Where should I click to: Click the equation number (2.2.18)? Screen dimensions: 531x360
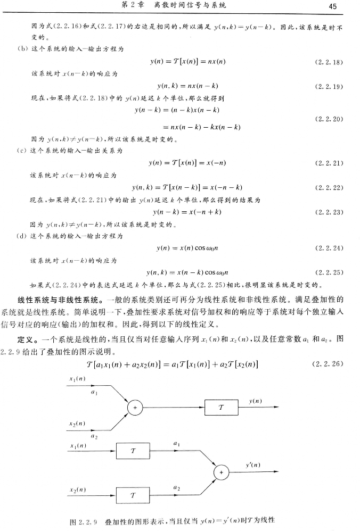pyautogui.click(x=329, y=62)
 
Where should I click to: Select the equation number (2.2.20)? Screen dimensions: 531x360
pyautogui.click(x=329, y=119)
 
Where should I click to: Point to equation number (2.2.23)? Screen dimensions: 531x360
pyautogui.click(x=329, y=212)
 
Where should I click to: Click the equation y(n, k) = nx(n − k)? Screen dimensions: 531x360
pyautogui.click(x=187, y=86)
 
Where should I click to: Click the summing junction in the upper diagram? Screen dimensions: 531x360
pyautogui.click(x=135, y=408)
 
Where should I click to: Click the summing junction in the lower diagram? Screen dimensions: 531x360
pyautogui.click(x=220, y=472)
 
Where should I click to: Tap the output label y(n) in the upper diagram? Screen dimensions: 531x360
pyautogui.click(x=255, y=400)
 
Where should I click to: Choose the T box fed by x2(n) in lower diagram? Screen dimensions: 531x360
pyautogui.click(x=133, y=495)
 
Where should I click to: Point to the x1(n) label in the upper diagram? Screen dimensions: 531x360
pyautogui.click(x=77, y=378)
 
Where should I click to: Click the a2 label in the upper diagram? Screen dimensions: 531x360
pyautogui.click(x=94, y=436)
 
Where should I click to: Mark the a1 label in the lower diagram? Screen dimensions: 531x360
pyautogui.click(x=176, y=443)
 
